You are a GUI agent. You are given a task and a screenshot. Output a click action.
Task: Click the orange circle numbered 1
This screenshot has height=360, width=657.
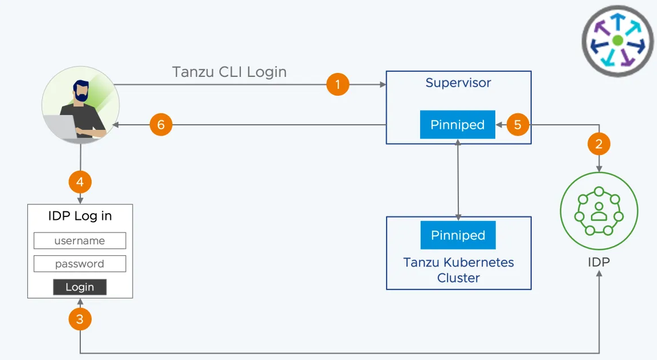pos(338,84)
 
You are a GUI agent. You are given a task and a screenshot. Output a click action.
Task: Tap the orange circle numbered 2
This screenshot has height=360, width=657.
pos(599,144)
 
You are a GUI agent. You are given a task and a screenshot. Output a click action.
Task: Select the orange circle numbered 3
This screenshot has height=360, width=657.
pos(80,319)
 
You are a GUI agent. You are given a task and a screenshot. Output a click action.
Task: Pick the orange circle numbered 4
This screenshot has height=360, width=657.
pos(80,182)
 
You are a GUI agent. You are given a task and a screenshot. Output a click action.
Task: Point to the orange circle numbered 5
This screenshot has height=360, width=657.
pos(518,125)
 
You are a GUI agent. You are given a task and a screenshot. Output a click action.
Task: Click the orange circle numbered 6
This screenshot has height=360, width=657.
pos(161,125)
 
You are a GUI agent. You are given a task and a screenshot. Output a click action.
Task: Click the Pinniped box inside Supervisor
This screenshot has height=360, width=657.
pos(458,125)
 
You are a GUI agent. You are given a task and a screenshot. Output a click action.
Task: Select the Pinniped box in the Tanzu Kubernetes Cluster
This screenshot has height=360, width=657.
pos(458,235)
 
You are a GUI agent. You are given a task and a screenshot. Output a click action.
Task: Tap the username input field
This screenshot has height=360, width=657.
pos(80,240)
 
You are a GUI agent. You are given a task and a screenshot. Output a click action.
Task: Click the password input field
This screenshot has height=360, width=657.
pos(80,264)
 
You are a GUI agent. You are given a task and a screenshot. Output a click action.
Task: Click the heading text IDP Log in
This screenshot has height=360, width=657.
pos(80,216)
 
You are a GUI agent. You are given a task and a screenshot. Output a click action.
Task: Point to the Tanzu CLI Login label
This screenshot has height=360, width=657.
pos(229,72)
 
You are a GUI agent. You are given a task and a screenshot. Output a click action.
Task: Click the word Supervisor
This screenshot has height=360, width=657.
pos(458,83)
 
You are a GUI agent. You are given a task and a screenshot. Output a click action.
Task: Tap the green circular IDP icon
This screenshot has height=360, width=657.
pos(599,211)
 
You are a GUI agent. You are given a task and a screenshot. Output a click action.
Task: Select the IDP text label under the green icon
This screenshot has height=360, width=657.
pos(599,262)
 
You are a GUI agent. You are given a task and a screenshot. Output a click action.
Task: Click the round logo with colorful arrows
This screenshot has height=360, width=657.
pos(618,40)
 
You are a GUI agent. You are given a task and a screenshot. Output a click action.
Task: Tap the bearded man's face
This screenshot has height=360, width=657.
pos(81,92)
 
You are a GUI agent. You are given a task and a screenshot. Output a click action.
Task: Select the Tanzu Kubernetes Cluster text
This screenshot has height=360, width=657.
pos(458,270)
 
